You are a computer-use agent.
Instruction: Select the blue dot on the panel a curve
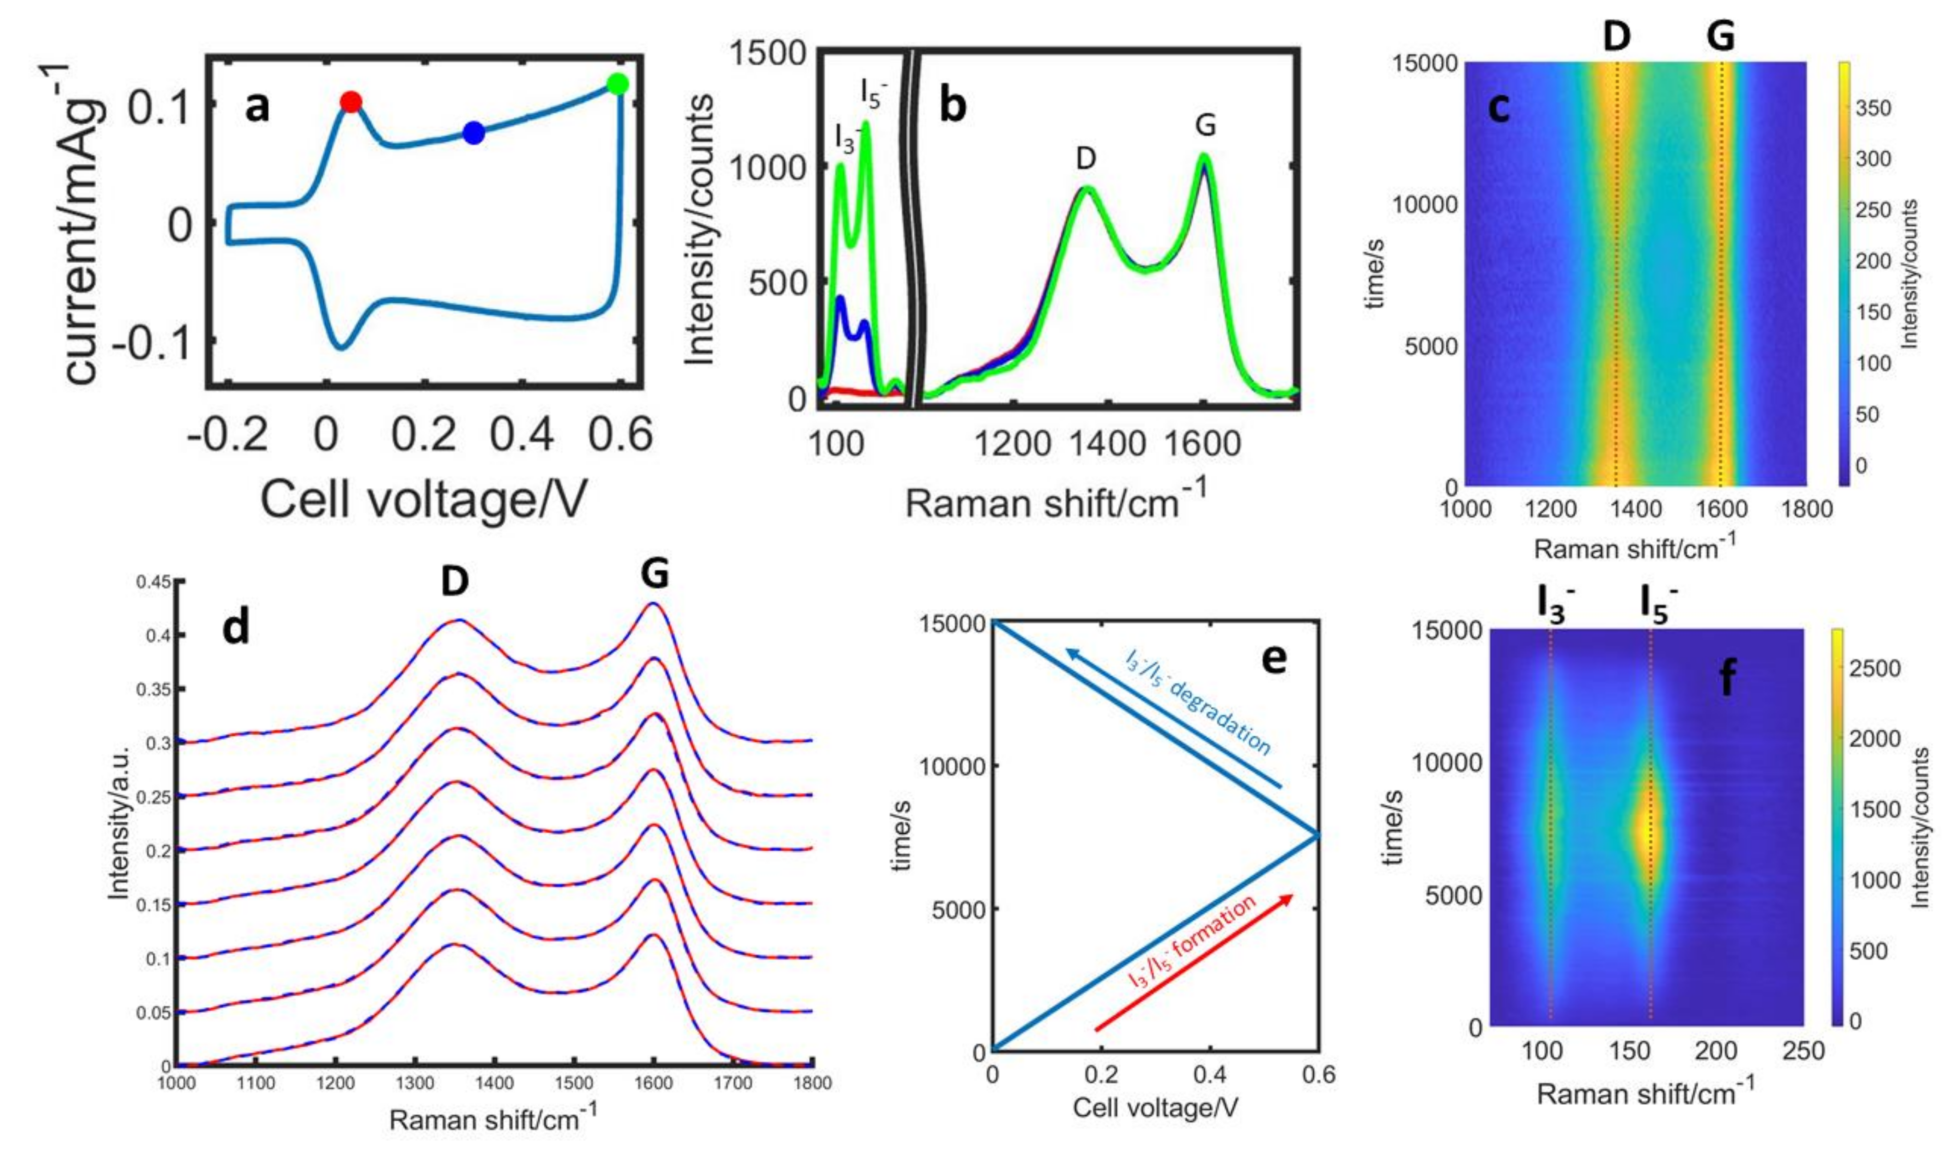click(473, 133)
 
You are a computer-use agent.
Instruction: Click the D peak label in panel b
click(1086, 159)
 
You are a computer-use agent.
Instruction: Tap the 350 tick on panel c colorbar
click(1873, 108)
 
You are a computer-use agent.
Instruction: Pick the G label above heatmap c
click(1720, 36)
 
